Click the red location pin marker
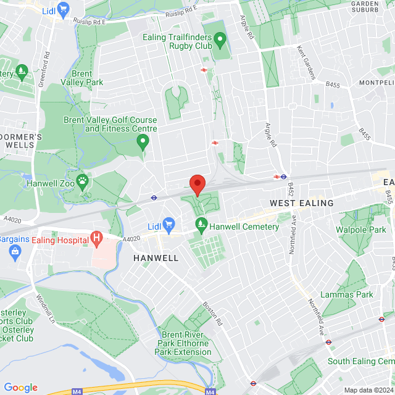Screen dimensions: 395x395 pyautogui.click(x=197, y=185)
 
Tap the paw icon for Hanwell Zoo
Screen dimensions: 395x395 pyautogui.click(x=83, y=182)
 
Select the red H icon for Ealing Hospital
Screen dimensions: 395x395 pyautogui.click(x=96, y=236)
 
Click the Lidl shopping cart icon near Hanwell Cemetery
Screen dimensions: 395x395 pyautogui.click(x=169, y=227)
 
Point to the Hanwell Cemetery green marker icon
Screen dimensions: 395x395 pyautogui.click(x=200, y=227)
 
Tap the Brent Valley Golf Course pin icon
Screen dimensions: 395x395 pyautogui.click(x=143, y=143)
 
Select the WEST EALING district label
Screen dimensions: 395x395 pyautogui.click(x=301, y=203)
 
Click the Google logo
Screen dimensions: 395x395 pyautogui.click(x=20, y=387)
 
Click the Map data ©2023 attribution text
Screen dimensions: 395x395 pyautogui.click(x=368, y=389)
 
